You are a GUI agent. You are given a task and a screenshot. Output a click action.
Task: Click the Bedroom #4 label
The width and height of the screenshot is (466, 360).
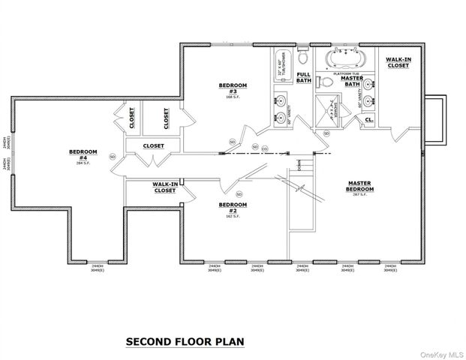(78, 154)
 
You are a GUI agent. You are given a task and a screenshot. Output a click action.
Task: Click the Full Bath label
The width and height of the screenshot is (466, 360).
(303, 78)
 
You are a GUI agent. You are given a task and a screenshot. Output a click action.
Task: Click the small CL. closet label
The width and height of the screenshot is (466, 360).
(369, 118)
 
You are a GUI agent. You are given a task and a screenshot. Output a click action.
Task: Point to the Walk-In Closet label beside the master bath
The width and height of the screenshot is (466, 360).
(397, 62)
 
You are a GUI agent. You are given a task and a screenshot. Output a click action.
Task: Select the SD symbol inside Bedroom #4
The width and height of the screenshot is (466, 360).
(113, 156)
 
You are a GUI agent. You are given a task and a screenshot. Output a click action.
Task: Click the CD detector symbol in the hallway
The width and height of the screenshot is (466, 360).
(265, 148)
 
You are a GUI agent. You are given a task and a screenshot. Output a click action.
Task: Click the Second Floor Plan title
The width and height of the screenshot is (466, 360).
(185, 341)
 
